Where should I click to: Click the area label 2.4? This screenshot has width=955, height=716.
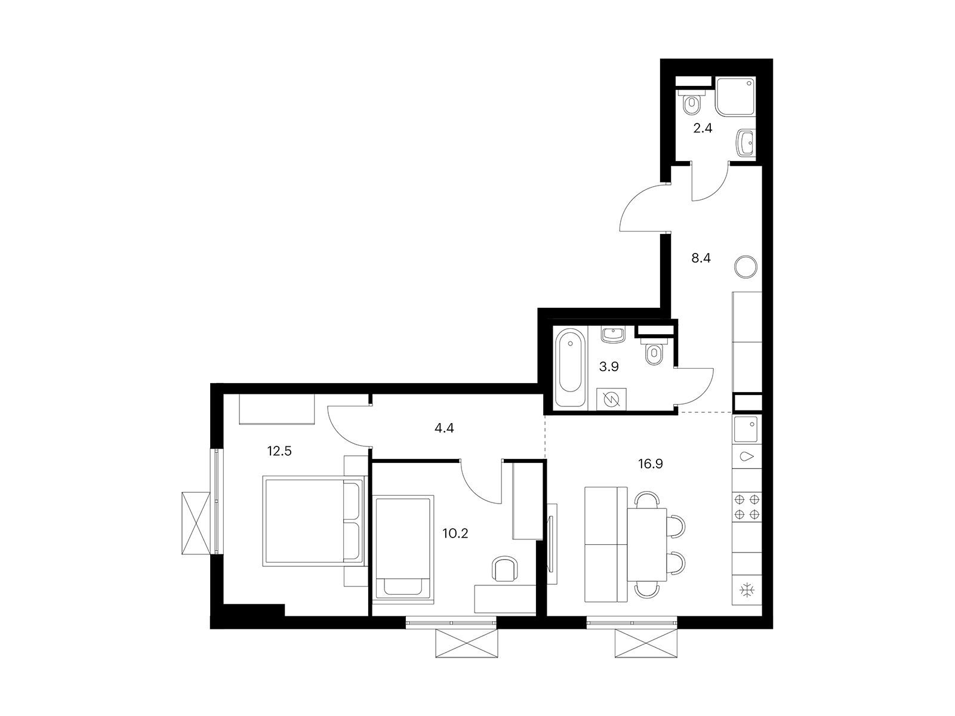point(702,128)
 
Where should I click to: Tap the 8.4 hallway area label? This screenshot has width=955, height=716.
point(701,258)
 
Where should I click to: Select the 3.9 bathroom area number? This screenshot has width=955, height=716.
point(609,367)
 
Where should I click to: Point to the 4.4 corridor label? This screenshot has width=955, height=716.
point(444,428)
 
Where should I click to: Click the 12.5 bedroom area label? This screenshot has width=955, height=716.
point(279,451)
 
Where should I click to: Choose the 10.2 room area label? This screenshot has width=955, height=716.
point(455,533)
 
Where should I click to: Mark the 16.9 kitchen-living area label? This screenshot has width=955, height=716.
point(651,464)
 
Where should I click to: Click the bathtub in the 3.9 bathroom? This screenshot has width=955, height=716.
point(570,367)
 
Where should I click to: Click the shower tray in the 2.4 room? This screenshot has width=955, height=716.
point(735,97)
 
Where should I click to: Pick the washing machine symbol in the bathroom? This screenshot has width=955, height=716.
point(611,399)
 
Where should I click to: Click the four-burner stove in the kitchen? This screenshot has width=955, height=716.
point(747,507)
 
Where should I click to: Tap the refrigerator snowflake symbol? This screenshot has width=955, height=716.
point(747,590)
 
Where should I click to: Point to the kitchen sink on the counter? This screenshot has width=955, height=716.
point(746,429)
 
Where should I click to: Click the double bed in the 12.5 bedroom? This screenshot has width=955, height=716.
point(313,521)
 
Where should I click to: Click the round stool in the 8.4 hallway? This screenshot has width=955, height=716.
point(745,267)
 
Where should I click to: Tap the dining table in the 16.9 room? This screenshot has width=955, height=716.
point(647,545)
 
